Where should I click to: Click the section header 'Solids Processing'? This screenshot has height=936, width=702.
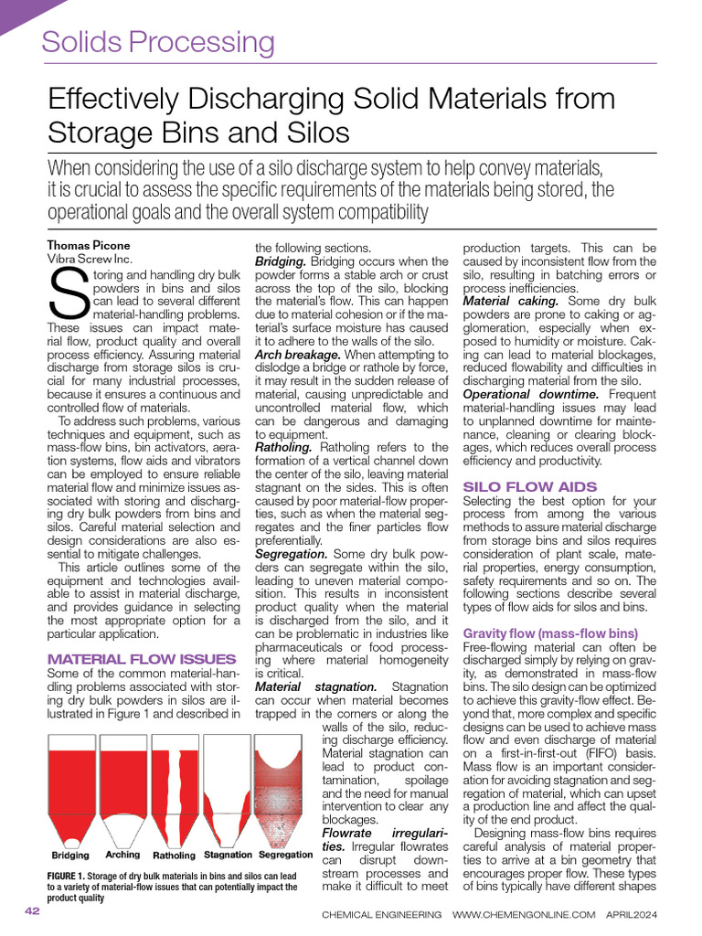(x=158, y=42)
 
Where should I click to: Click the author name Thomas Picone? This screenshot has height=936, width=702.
(x=89, y=245)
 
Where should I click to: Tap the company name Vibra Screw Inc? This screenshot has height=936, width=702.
(x=89, y=259)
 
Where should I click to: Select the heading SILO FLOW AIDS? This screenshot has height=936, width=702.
(x=530, y=486)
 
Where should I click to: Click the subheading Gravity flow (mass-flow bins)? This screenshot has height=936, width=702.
(x=550, y=633)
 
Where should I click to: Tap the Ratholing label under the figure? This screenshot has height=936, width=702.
(x=174, y=856)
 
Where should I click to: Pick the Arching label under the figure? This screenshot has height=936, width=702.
(x=122, y=855)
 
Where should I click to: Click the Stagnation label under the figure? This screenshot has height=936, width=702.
(x=228, y=855)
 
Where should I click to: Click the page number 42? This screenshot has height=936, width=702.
(x=32, y=911)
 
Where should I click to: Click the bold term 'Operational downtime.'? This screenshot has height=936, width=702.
(x=531, y=394)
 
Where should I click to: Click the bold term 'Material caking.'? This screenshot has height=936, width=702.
(x=511, y=301)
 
